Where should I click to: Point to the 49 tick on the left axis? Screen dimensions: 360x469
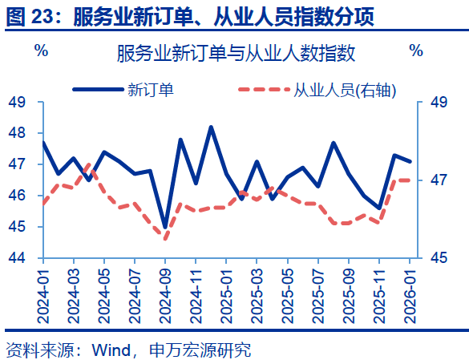click(17, 103)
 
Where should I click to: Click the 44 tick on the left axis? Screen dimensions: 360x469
click(17, 258)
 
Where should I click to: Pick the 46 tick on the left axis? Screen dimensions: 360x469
click(17, 196)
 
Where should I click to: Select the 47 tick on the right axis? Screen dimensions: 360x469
click(438, 180)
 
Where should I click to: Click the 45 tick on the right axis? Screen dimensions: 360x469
click(438, 258)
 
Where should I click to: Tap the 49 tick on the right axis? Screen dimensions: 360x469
click(438, 103)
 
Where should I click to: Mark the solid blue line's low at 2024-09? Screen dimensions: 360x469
click(165, 228)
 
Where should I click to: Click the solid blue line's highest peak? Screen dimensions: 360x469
click(211, 127)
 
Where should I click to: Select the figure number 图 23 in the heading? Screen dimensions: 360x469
click(30, 16)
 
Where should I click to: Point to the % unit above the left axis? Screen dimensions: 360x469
click(41, 51)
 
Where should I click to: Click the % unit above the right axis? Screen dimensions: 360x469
click(415, 51)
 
